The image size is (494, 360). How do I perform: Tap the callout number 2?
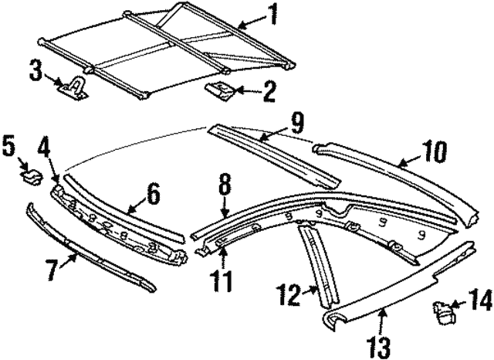point(269,94)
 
